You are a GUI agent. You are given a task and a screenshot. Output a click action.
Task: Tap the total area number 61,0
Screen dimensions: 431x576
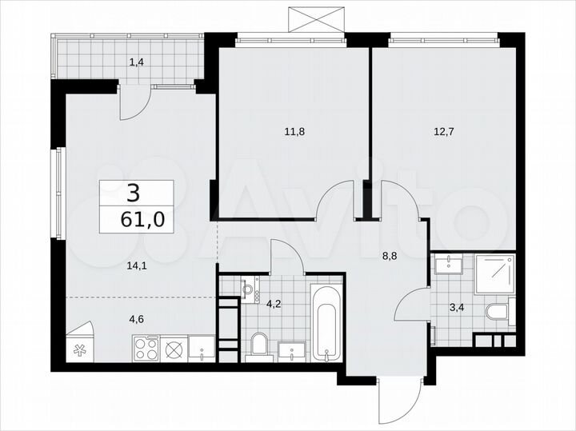pos(137,219)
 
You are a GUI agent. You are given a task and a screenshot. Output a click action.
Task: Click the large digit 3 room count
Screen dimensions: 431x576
pos(133,192)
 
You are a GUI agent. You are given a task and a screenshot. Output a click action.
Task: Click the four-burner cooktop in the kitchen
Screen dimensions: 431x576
pos(146,348)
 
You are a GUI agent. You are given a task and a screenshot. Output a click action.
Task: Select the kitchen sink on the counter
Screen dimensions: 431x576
pos(201,349)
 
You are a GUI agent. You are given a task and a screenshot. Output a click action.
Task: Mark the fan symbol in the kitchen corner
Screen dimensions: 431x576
pos(81,349)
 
